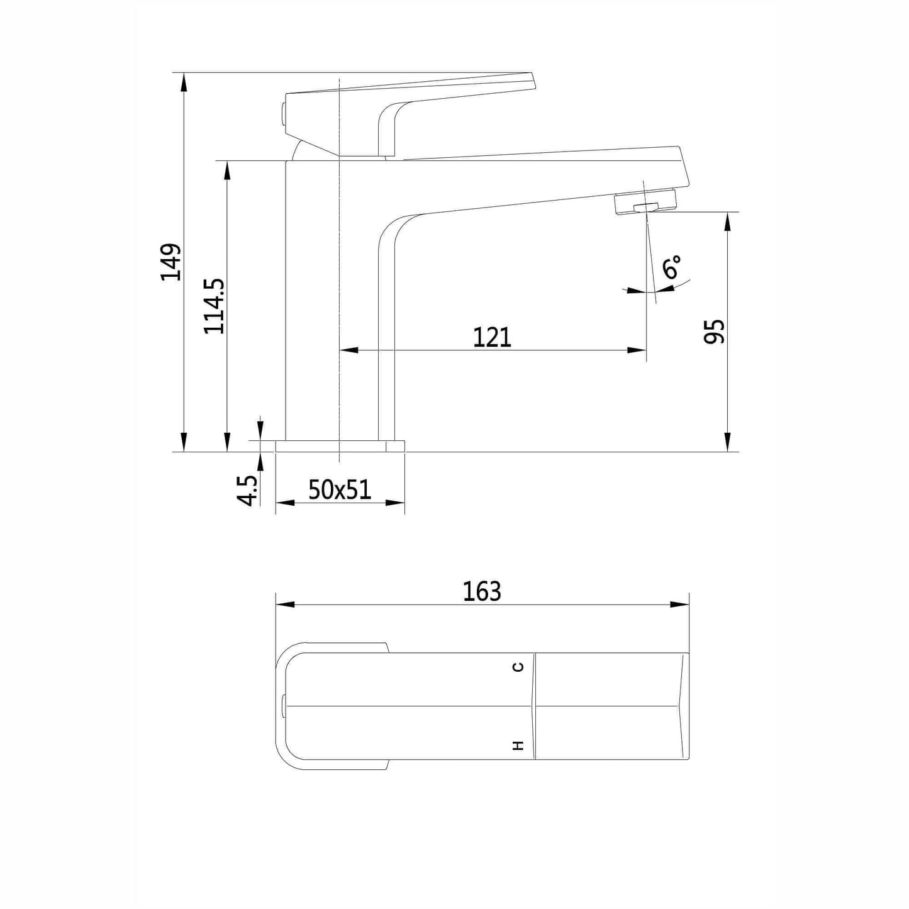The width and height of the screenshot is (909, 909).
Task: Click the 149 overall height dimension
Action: (170, 262)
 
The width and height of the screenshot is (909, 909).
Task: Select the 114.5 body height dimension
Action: (214, 306)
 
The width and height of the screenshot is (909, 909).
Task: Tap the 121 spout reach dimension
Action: (492, 337)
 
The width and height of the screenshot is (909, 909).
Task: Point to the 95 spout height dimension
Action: (713, 332)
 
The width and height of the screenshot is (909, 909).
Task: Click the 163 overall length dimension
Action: (482, 591)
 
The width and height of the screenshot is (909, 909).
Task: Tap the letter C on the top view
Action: (518, 667)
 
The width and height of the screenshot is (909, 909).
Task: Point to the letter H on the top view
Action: (518, 745)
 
